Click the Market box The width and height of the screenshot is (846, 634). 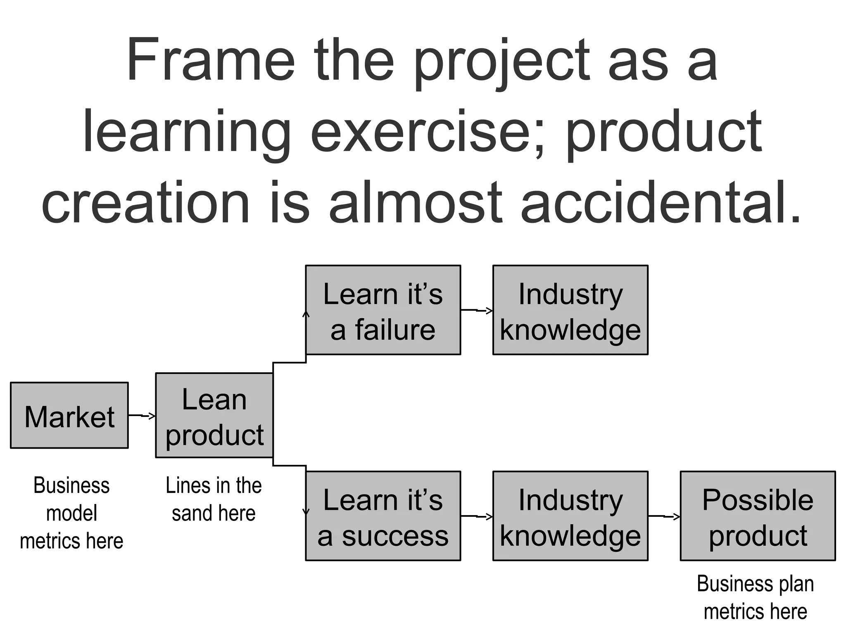tap(69, 415)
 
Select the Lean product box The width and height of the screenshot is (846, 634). tap(214, 416)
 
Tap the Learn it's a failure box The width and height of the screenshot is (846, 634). tap(383, 310)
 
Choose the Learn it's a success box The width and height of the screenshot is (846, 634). tap(383, 516)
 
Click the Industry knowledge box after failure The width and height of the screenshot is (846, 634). tap(570, 310)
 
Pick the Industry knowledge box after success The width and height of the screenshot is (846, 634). tap(570, 516)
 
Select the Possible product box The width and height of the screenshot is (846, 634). tap(758, 516)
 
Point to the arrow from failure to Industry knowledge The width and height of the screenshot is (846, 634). tap(477, 310)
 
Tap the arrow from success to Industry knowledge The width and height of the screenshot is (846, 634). tap(477, 516)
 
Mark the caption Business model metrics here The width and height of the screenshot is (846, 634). tap(71, 513)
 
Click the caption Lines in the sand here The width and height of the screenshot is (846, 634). tap(214, 499)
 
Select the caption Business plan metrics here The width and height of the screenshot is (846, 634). tap(755, 597)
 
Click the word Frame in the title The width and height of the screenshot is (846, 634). tap(211, 60)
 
